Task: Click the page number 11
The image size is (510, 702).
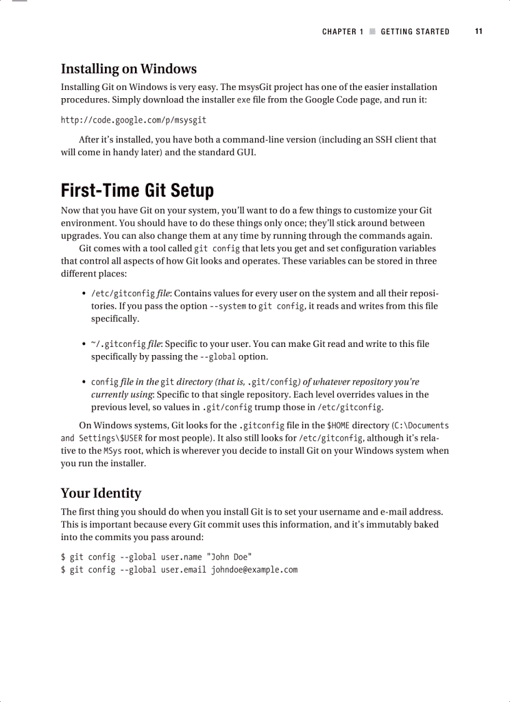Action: point(478,31)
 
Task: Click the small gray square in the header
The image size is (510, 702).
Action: point(372,31)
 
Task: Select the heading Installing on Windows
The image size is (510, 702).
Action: point(128,69)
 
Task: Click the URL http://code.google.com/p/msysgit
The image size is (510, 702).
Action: point(133,119)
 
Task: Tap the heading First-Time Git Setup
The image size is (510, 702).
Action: point(137,190)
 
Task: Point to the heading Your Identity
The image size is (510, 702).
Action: point(101,493)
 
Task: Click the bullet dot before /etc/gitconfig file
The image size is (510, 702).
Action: point(84,294)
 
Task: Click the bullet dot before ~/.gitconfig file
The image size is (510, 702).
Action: point(84,344)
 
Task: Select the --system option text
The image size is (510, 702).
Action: point(227,306)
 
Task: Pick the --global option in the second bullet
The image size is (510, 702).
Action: point(217,357)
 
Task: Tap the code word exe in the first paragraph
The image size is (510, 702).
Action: point(244,100)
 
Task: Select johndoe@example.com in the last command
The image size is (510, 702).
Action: point(254,569)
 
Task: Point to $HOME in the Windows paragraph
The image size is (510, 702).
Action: point(338,426)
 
